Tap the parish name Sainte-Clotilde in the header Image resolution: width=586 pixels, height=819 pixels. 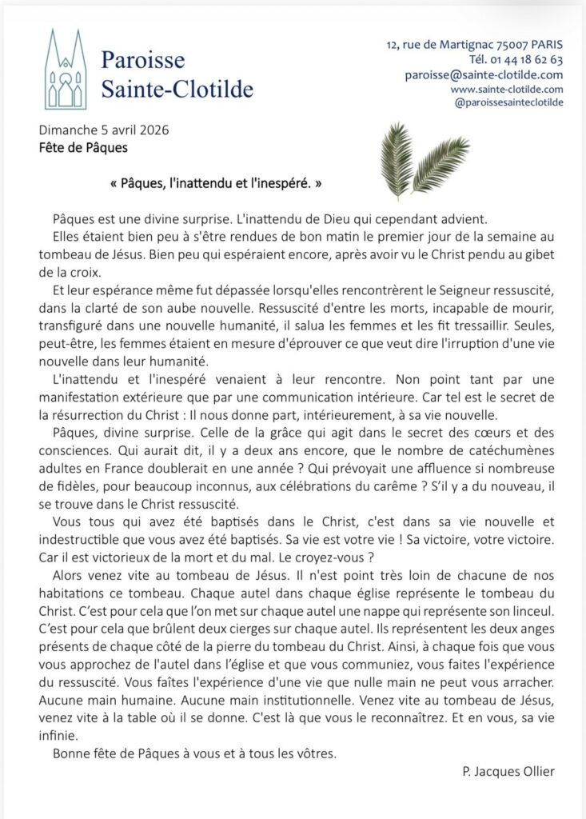(177, 88)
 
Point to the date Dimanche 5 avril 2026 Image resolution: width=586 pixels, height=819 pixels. (103, 130)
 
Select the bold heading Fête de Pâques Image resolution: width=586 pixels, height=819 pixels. (82, 147)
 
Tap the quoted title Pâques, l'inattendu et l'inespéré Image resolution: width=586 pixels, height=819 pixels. (216, 183)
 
